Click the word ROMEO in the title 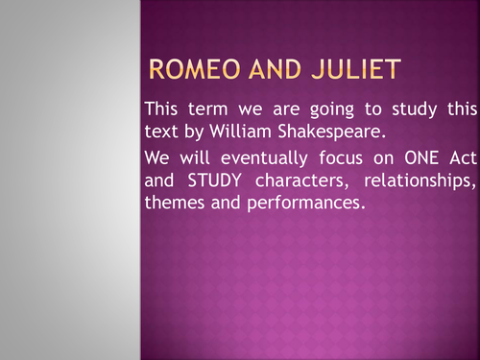(194, 69)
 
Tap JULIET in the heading (356, 69)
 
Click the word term (207, 108)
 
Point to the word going (332, 110)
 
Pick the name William (240, 131)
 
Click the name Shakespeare (332, 132)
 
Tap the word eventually (264, 159)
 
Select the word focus (341, 157)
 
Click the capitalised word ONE (421, 157)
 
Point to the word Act (463, 157)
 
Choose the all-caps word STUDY (214, 180)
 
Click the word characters (301, 180)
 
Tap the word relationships (420, 181)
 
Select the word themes (175, 203)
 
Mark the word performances (306, 204)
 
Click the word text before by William (161, 132)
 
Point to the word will (195, 157)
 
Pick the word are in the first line (286, 109)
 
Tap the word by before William (194, 132)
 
